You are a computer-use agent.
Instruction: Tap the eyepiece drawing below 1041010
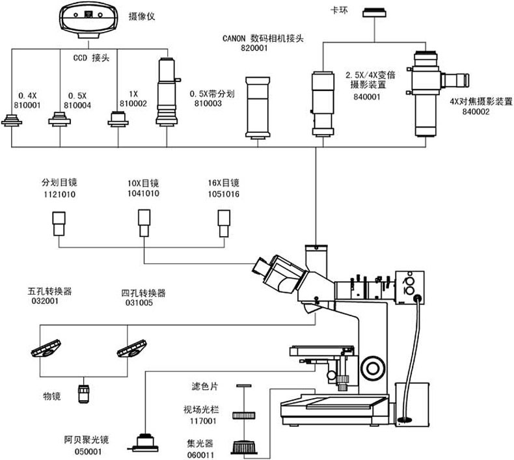click(x=144, y=223)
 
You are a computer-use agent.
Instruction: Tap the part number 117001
click(x=197, y=421)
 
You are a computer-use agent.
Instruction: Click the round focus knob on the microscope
click(x=374, y=366)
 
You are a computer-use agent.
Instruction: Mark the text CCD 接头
click(x=89, y=57)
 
